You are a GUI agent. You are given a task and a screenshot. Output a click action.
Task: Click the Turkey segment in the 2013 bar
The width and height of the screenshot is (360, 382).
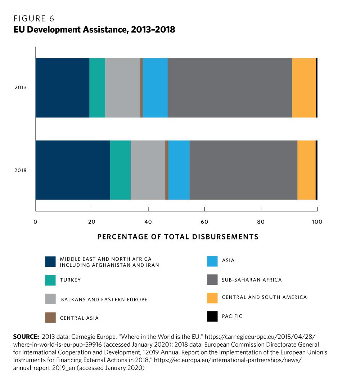97,87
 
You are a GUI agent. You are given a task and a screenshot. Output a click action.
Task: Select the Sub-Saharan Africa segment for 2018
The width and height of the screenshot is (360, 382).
243,170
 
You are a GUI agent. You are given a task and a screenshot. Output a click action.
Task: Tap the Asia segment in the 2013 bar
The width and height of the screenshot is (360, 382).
155,87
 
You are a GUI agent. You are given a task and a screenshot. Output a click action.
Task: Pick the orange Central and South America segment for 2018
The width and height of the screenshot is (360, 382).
306,170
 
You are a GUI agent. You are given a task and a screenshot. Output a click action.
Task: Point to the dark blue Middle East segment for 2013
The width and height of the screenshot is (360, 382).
62,87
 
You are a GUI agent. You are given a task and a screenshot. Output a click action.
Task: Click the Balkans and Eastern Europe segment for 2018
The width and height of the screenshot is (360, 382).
148,170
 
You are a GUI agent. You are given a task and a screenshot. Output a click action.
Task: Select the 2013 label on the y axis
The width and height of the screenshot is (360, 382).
21,87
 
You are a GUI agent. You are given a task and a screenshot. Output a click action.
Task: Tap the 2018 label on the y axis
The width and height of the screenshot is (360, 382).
21,170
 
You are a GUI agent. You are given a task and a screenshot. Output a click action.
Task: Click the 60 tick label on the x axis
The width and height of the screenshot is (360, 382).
204,222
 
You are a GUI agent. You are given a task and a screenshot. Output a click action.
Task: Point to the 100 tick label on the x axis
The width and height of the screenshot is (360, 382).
317,222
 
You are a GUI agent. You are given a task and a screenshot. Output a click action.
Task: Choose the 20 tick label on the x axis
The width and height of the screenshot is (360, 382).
92,222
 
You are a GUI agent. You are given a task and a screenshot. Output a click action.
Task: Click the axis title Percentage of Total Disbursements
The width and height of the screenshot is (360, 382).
178,237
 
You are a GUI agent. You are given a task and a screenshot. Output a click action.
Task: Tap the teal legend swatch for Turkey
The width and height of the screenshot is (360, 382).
50,280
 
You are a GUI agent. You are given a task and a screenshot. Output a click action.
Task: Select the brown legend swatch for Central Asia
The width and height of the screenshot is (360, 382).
50,318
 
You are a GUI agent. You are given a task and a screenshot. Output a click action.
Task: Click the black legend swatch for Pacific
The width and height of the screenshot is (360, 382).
212,316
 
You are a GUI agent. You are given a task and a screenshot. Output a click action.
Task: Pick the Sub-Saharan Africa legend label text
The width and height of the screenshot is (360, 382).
252,280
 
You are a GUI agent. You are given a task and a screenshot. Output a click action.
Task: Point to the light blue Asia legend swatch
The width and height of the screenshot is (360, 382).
212,261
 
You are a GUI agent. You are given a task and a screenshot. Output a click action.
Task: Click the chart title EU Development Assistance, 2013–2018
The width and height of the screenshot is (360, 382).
94,30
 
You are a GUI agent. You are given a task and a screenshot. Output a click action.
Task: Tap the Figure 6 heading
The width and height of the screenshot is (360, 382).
34,18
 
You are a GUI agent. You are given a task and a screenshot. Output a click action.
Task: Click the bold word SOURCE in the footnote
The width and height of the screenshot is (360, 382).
26,337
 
